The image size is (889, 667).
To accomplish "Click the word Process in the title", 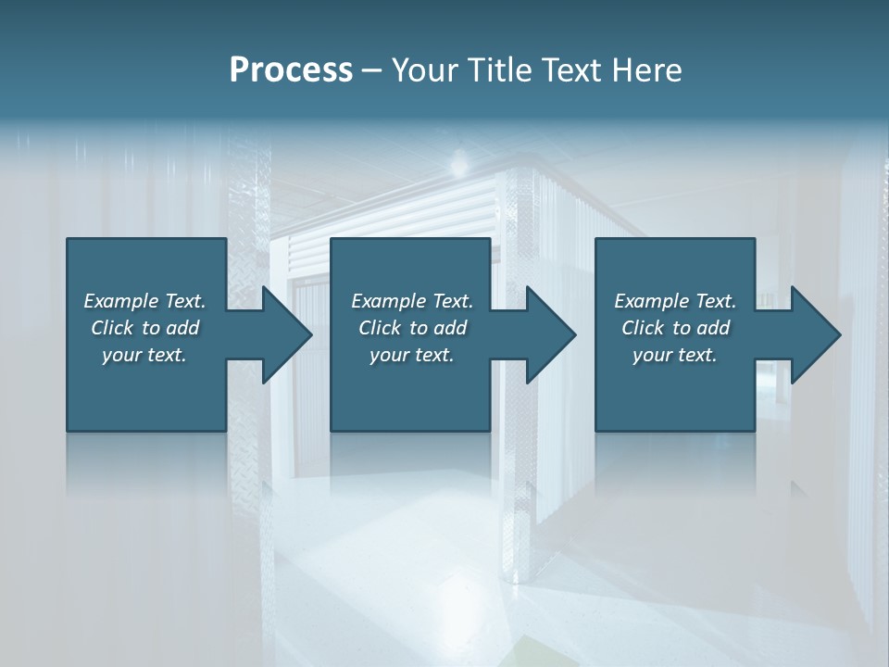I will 291,70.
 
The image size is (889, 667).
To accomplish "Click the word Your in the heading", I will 421,70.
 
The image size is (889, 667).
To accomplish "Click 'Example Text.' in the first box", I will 144,301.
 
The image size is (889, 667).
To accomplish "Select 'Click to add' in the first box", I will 145,328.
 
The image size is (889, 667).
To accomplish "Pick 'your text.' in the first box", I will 144,355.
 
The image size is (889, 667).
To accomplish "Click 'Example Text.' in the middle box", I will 412,301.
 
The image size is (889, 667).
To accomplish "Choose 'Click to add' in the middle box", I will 413,328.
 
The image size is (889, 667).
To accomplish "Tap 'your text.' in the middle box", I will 412,355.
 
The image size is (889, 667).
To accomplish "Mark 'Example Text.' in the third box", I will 675,301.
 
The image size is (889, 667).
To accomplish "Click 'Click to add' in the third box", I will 676,328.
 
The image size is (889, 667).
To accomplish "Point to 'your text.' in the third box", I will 675,355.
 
